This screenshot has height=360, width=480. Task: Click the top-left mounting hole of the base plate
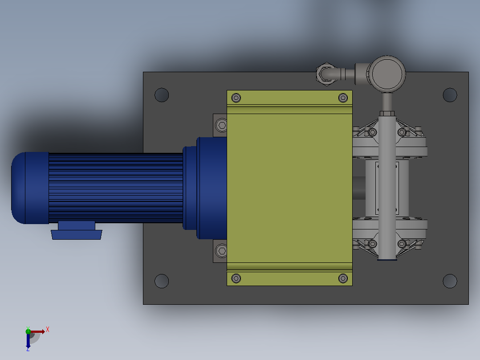[162, 95]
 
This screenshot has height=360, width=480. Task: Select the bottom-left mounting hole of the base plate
[162, 281]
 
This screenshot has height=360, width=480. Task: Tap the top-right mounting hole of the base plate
[450, 95]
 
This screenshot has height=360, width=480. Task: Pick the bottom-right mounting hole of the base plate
[450, 281]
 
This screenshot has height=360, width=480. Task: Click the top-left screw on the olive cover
[236, 98]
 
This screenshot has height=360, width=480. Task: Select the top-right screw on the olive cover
[343, 98]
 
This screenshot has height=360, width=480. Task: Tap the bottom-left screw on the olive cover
[236, 278]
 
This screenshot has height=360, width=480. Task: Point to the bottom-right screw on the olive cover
[343, 278]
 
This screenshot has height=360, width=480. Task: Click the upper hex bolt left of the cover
[221, 125]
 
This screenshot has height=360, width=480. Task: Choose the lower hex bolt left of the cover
[221, 251]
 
